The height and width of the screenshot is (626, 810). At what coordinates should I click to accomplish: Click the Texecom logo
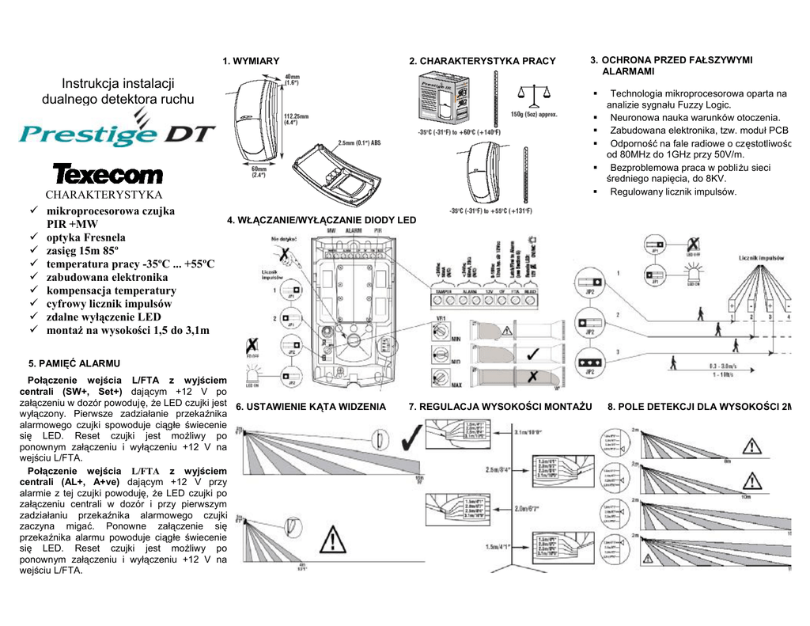pos(108,174)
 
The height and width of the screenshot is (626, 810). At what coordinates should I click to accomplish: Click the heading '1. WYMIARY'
pos(251,61)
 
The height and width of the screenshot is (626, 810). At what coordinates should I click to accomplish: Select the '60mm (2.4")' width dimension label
pos(259,171)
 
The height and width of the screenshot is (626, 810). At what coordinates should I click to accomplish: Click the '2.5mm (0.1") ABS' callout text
pos(361,143)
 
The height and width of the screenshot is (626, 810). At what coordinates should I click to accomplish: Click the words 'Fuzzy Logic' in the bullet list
pos(703,104)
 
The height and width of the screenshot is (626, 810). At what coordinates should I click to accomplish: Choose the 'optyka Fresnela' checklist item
pos(85,237)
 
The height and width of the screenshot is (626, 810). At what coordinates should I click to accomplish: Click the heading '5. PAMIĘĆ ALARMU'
pos(74,363)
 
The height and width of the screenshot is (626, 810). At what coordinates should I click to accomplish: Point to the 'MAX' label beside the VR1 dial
pos(456,385)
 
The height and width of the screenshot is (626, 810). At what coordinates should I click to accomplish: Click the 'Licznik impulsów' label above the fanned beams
pos(761,258)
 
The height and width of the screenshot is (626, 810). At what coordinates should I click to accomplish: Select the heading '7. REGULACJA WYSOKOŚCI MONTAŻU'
pos(500,407)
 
